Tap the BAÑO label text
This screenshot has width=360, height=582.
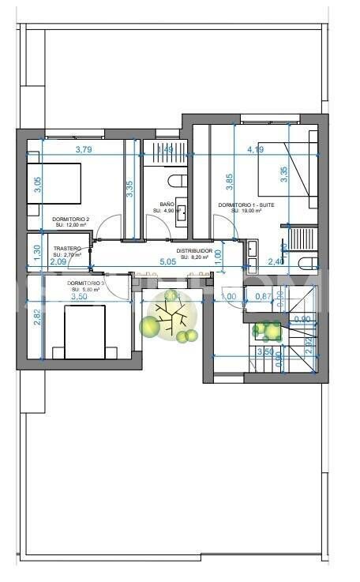pos(167,205)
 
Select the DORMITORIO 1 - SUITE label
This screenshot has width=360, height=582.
pos(246,205)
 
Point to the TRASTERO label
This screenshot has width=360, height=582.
pos(67,249)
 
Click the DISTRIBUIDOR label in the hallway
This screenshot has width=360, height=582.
pos(194,250)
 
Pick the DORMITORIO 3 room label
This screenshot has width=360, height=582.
pos(86,283)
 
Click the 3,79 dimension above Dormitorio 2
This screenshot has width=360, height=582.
pos(84,149)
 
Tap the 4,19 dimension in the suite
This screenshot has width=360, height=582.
pos(254,149)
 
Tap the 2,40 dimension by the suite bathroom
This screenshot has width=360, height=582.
pos(276,261)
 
